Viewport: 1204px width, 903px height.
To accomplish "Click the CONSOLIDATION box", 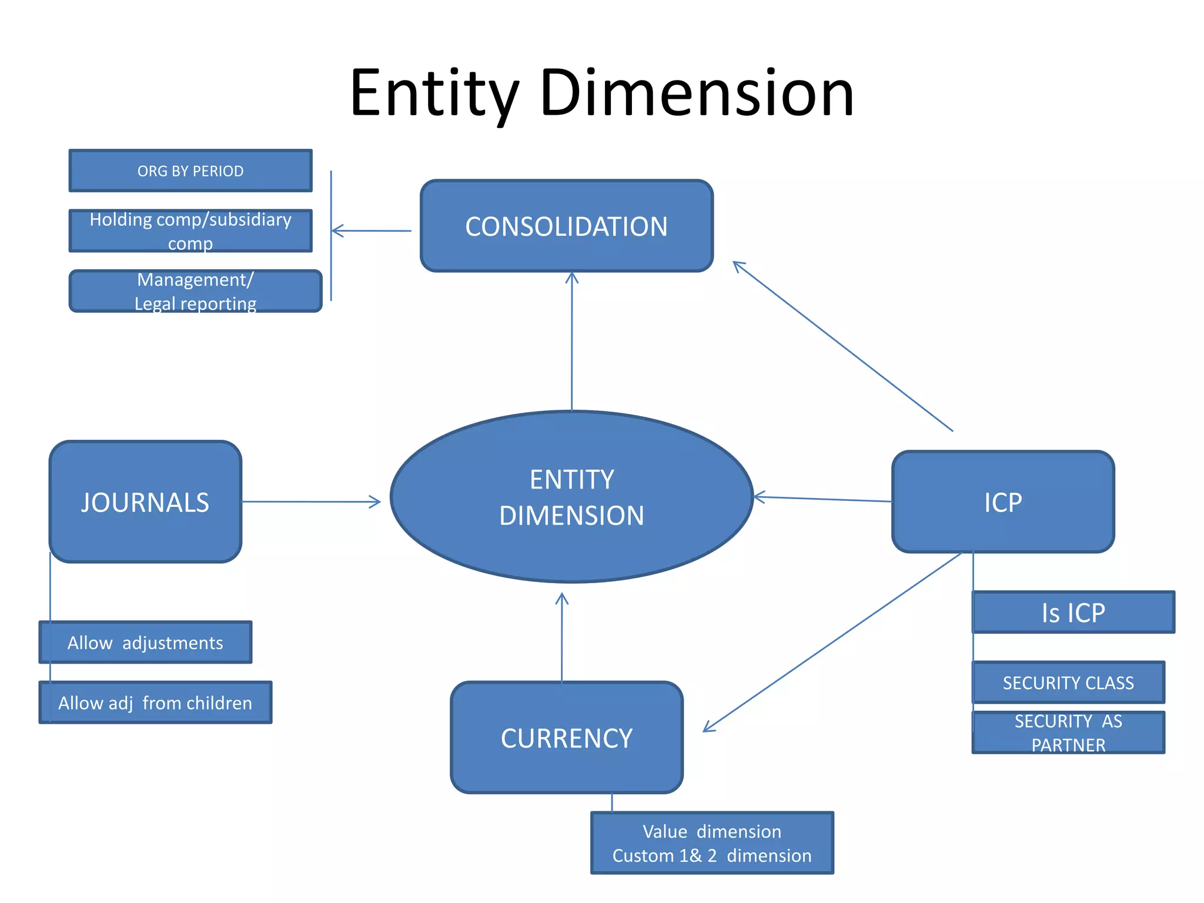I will point(566,226).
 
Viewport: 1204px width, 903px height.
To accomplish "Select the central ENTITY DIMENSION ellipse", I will point(571,497).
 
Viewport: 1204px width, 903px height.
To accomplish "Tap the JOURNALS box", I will point(145,502).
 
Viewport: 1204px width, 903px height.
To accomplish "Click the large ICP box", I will point(1002,502).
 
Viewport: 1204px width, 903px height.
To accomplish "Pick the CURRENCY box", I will point(566,738).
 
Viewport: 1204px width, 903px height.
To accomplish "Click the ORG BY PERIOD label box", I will point(190,171).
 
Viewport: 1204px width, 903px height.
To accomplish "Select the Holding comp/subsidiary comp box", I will point(190,231).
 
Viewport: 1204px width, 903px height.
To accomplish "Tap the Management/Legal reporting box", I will point(195,292).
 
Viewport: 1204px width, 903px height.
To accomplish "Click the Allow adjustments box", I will point(145,643).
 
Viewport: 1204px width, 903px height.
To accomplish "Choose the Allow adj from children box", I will point(155,703).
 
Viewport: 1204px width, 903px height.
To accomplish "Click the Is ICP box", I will point(1073,613).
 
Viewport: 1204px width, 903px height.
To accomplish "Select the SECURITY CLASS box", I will point(1068,683).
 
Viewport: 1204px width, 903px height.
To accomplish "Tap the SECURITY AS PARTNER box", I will point(1068,733).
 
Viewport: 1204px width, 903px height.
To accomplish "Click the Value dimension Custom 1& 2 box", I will point(711,843).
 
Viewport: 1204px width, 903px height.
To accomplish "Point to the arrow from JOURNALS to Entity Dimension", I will point(312,501).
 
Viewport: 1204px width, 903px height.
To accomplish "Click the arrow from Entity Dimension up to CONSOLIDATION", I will point(572,341).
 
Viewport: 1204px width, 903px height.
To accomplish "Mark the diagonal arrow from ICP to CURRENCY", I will point(832,642).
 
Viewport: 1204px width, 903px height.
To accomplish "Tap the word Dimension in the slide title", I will point(696,93).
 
